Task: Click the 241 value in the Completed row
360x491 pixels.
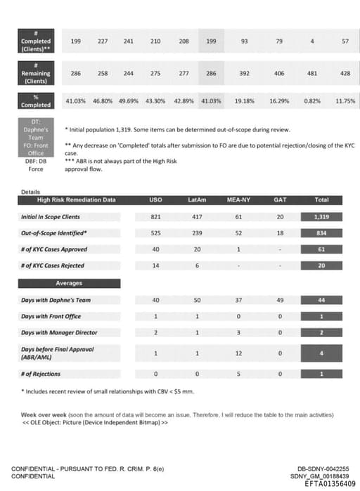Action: (x=129, y=41)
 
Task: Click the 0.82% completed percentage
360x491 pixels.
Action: (x=312, y=101)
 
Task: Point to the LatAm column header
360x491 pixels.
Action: (x=198, y=200)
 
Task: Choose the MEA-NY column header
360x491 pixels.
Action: (x=239, y=200)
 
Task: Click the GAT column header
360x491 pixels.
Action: (x=279, y=200)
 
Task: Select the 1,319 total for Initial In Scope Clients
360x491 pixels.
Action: (x=321, y=217)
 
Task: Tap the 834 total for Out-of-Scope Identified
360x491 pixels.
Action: (x=321, y=233)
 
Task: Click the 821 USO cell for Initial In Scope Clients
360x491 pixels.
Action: (x=156, y=217)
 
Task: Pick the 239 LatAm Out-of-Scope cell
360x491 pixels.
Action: (x=198, y=233)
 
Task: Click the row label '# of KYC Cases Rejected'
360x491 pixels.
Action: (x=53, y=266)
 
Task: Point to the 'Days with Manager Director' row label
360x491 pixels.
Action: (x=59, y=332)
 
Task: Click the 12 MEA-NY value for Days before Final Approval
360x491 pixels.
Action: (x=239, y=352)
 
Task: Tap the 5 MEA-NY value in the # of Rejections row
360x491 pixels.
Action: (x=239, y=374)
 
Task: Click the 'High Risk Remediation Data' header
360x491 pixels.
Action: (x=77, y=200)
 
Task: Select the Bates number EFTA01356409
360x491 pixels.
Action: (x=327, y=483)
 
